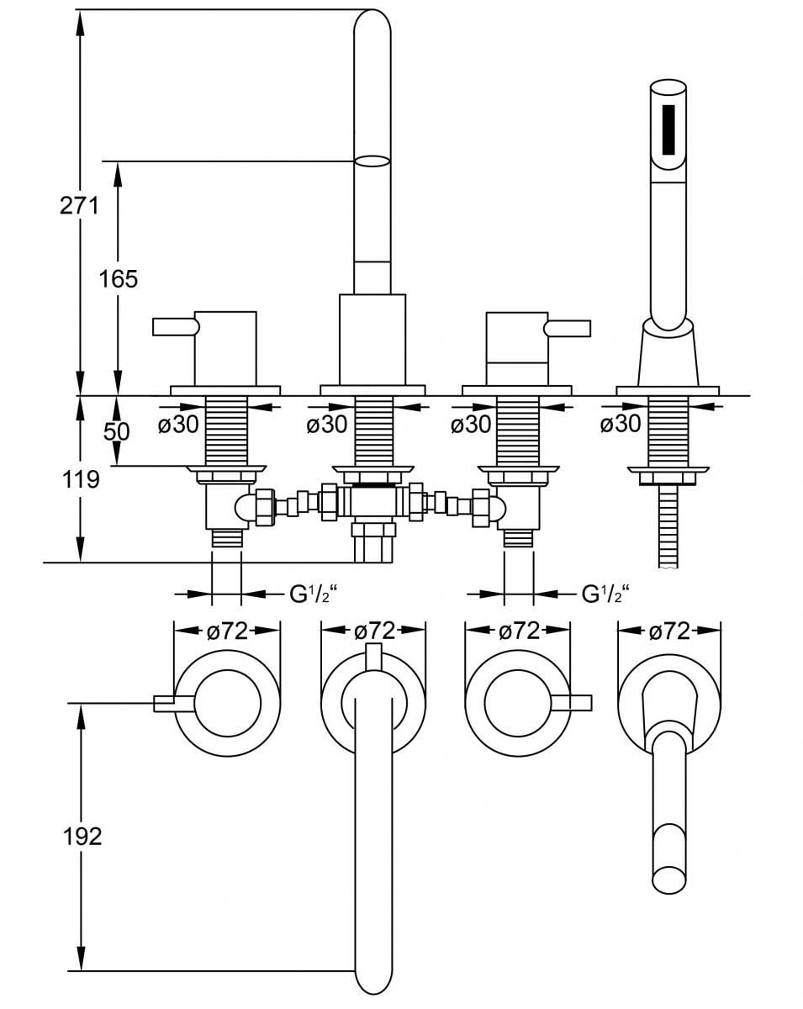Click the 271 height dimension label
pyautogui.click(x=79, y=205)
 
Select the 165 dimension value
pyautogui.click(x=119, y=279)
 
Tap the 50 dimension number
pyautogui.click(x=116, y=431)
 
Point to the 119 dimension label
pyautogui.click(x=82, y=479)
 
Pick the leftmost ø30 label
pyautogui.click(x=178, y=425)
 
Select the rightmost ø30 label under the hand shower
pyautogui.click(x=620, y=424)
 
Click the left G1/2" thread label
pyautogui.click(x=314, y=594)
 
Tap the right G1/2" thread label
pyautogui.click(x=605, y=594)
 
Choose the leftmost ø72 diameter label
pyautogui.click(x=227, y=631)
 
